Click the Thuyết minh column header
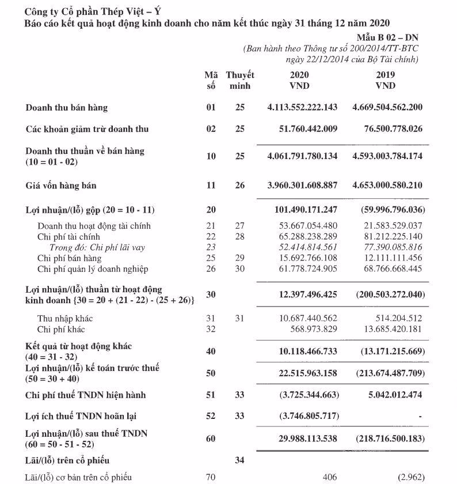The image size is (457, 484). (x=240, y=80)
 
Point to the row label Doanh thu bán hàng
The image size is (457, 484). (x=67, y=108)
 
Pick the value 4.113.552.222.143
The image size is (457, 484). (x=303, y=108)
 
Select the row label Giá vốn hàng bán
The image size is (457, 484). (x=61, y=186)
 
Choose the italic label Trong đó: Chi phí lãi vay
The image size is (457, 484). (x=97, y=247)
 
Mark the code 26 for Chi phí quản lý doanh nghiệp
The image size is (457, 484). (x=211, y=269)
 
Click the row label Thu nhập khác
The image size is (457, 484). (x=65, y=319)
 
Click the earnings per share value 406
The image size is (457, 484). (x=329, y=478)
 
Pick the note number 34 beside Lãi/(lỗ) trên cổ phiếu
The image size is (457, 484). (x=240, y=460)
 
